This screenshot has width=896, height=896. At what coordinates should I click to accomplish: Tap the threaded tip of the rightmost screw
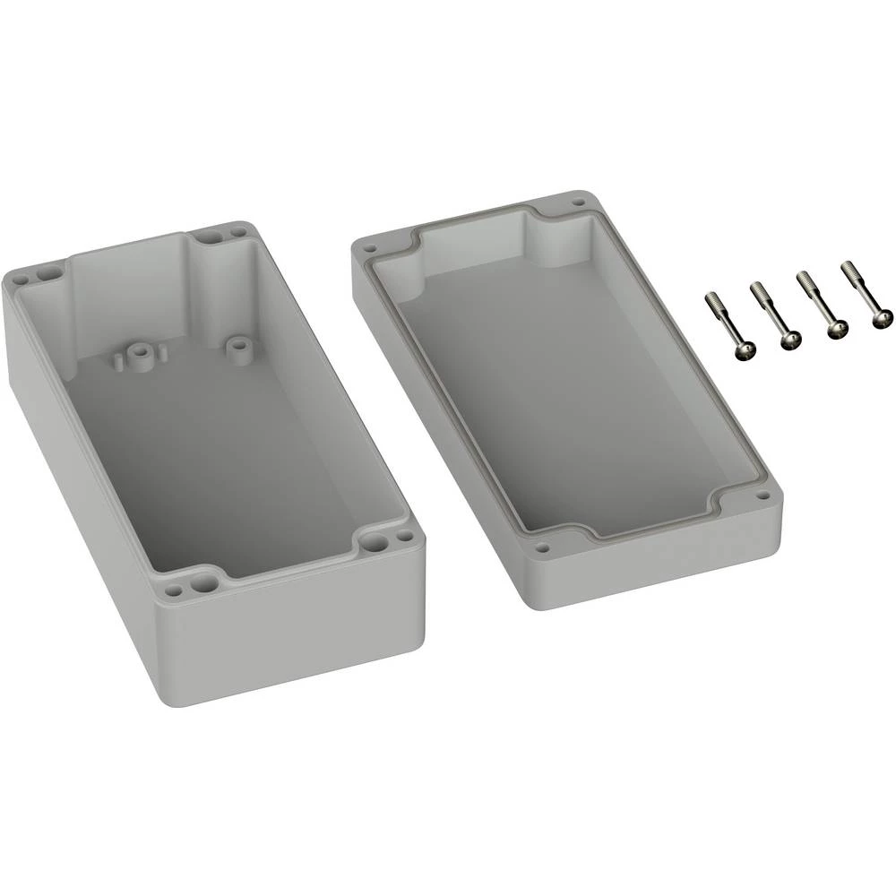pyautogui.click(x=846, y=267)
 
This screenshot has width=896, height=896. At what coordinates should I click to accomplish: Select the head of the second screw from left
pyautogui.click(x=789, y=340)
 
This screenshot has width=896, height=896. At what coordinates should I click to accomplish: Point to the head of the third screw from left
pyautogui.click(x=836, y=331)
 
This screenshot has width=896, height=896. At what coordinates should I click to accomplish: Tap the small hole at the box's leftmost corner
pyautogui.click(x=18, y=278)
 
